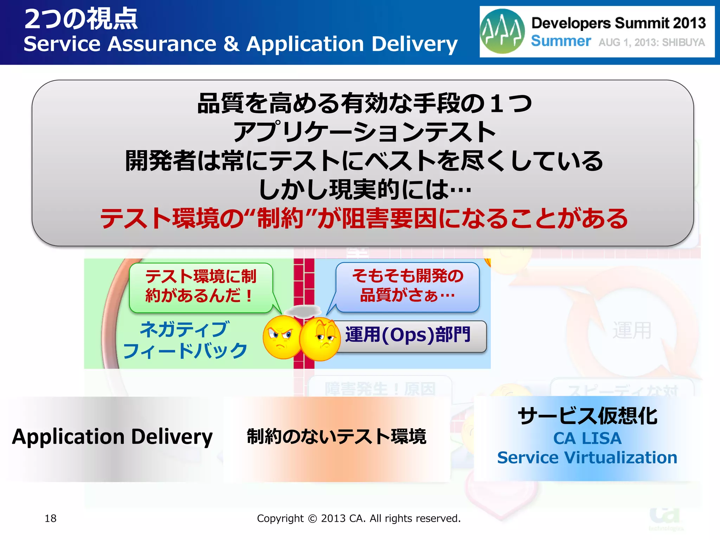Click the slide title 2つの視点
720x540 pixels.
coord(81,19)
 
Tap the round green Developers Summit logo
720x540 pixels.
coord(502,31)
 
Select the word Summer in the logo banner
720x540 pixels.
coord(561,41)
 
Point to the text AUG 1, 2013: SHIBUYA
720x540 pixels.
coord(651,43)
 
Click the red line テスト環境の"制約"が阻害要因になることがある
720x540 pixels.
coord(364,219)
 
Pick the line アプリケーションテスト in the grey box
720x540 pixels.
coord(364,132)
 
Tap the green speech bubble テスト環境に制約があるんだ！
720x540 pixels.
coord(201,286)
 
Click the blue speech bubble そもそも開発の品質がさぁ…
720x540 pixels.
coord(408,285)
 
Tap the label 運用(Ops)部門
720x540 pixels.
coord(408,335)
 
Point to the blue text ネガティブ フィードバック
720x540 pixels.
coord(185,340)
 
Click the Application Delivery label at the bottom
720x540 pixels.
coord(112,437)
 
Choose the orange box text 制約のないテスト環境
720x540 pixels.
coord(336,437)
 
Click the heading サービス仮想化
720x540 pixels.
coord(587,416)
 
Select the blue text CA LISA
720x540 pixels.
coord(587,438)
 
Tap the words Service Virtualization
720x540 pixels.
coord(587,458)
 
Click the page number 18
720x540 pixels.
coord(51,518)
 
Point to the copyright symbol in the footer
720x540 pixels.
coord(312,519)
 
